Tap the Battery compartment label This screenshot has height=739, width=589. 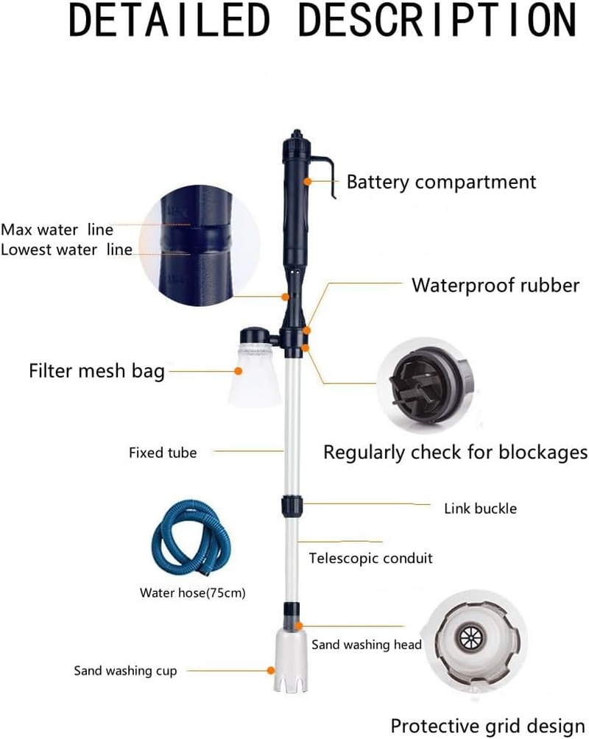coord(441,181)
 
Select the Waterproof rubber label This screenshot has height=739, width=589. coord(495,285)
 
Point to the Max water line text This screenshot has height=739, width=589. coord(57,229)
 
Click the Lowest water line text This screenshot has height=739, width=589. coord(66,250)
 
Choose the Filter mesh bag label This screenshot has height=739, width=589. coord(96,370)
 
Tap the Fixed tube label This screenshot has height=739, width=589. coord(163,453)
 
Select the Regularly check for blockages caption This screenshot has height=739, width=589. coord(455,451)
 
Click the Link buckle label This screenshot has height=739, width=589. coord(480,508)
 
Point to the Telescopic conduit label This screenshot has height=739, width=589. coord(370,558)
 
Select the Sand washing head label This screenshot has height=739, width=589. coord(366,645)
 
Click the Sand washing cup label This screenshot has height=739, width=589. coord(125,671)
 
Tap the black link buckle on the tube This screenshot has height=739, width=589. coord(291,507)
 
